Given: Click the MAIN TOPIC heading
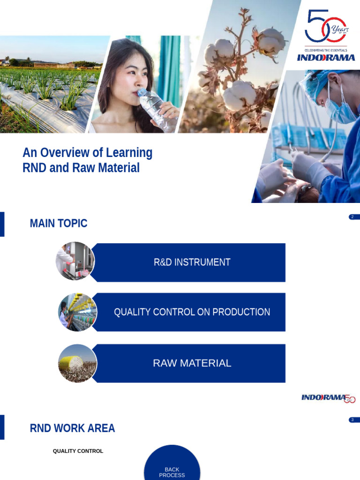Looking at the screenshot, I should pyautogui.click(x=59, y=224).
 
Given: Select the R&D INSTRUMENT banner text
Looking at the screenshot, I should pyautogui.click(x=192, y=262).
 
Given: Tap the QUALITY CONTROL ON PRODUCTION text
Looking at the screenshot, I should pyautogui.click(x=192, y=312).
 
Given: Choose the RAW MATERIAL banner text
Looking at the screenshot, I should pyautogui.click(x=192, y=363).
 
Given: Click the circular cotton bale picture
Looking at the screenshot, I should pyautogui.click(x=77, y=363).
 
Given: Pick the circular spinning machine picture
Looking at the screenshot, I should pyautogui.click(x=77, y=312).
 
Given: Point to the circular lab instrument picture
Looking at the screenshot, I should pyautogui.click(x=75, y=261).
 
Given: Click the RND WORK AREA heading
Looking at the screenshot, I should pyautogui.click(x=72, y=428).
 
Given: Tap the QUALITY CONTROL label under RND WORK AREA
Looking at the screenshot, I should pyautogui.click(x=78, y=451).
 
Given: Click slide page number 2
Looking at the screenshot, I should pyautogui.click(x=352, y=217).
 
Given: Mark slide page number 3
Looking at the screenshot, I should pyautogui.click(x=352, y=420).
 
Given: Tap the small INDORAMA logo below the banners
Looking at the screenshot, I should pyautogui.click(x=328, y=398).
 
